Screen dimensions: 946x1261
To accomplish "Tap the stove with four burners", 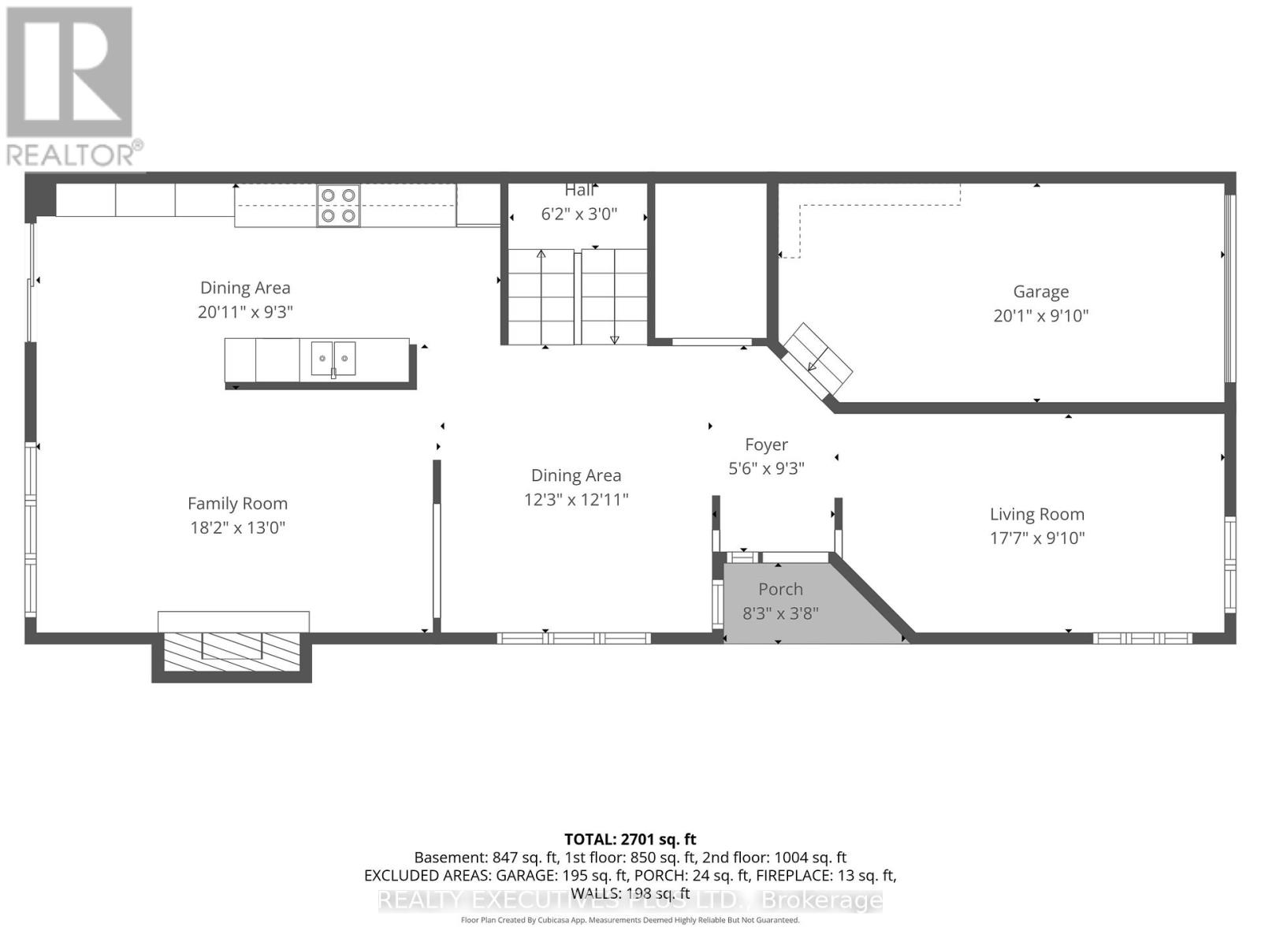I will [338, 205].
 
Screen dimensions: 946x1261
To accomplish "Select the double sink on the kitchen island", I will [333, 359].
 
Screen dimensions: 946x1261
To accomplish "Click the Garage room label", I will [1040, 292].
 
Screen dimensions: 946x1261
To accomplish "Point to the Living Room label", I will [1036, 514].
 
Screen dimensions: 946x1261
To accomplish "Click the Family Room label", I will [237, 503].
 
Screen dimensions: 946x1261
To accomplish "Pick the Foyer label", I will [766, 445].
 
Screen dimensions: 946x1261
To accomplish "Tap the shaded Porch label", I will [780, 589].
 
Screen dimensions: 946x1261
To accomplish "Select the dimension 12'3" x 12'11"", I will [575, 499].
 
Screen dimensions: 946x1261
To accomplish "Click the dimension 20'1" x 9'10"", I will [1040, 315].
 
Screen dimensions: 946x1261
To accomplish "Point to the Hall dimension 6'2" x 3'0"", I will [578, 214].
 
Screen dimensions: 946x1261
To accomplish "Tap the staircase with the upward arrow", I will [541, 296].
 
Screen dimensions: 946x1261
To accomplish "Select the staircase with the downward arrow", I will [615, 296].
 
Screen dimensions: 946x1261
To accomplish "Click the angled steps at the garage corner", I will [816, 359].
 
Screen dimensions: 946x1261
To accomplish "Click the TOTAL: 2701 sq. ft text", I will [630, 840].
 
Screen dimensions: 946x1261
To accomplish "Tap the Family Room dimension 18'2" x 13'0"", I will [237, 527].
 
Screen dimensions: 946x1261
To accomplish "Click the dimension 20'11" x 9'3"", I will [245, 311].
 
